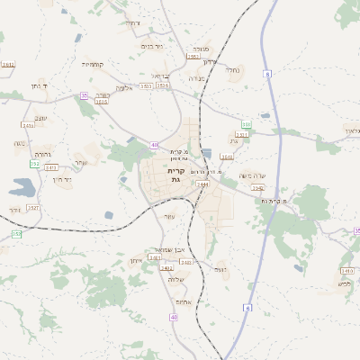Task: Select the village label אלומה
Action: pyautogui.click(x=125, y=88)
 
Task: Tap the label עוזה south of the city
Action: pyautogui.click(x=170, y=216)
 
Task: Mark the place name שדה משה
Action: pyautogui.click(x=254, y=175)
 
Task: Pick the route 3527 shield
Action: pyautogui.click(x=33, y=208)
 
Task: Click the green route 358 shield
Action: pyautogui.click(x=246, y=124)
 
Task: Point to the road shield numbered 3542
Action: pyautogui.click(x=258, y=188)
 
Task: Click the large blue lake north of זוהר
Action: pyautogui.click(x=22, y=188)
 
